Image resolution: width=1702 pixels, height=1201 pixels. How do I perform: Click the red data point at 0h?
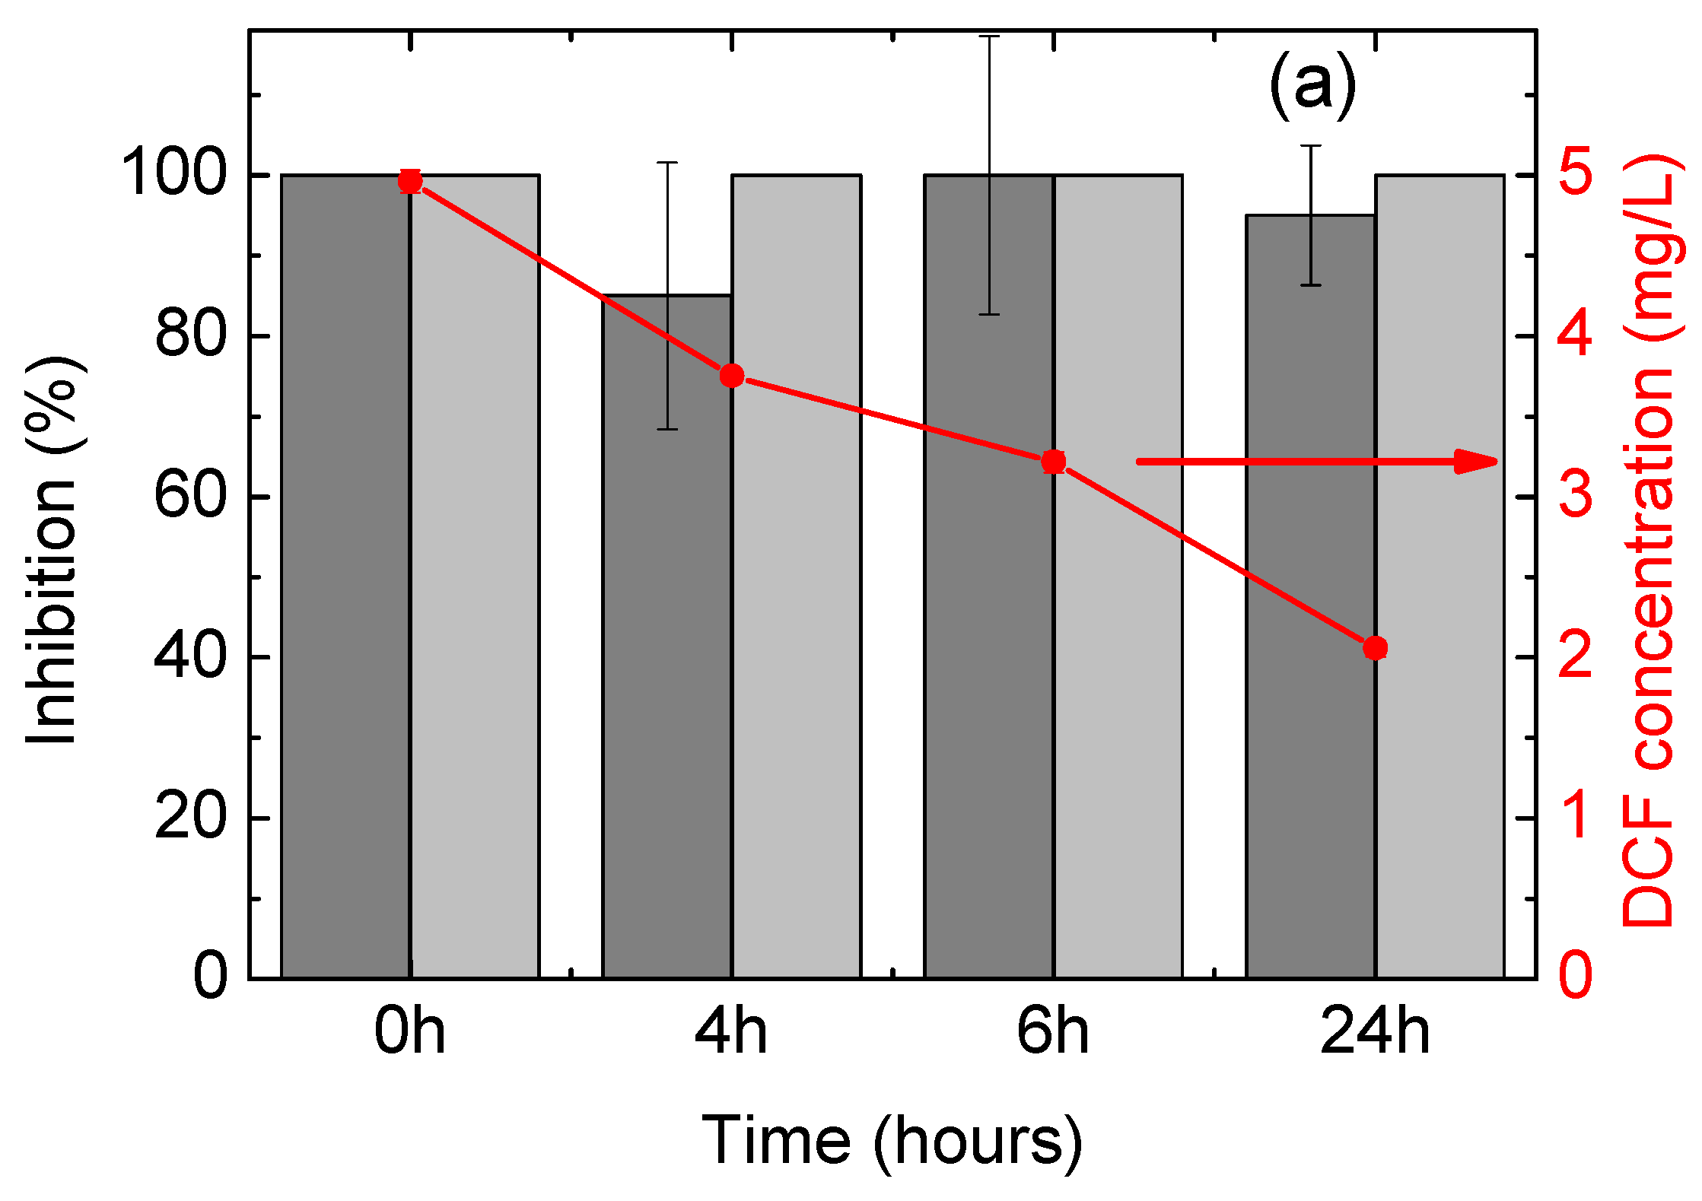click(x=410, y=182)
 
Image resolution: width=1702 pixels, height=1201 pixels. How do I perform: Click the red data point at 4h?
click(x=732, y=376)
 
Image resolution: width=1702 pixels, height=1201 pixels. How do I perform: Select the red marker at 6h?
click(x=1054, y=462)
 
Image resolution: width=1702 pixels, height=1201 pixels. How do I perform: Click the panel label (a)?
click(x=1312, y=85)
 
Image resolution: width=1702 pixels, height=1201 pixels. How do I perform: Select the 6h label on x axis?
click(x=1053, y=1031)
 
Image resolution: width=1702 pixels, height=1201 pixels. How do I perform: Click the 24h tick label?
click(x=1375, y=1031)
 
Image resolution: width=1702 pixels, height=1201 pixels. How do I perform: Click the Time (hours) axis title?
click(x=892, y=1141)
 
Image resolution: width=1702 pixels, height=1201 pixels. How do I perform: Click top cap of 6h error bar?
click(x=989, y=36)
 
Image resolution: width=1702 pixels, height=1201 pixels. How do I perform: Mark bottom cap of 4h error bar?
click(x=667, y=430)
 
